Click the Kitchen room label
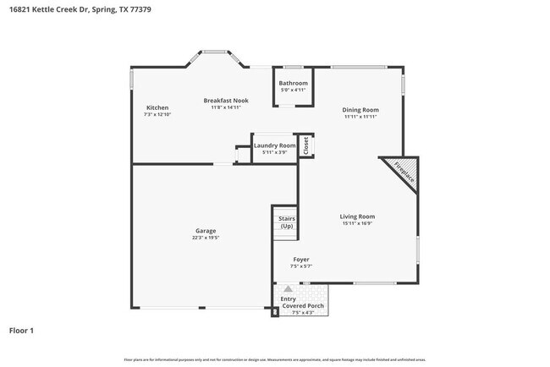(157, 107)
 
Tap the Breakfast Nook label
(226, 101)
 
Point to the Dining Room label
(360, 110)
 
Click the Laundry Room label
(274, 145)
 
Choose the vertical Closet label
(306, 145)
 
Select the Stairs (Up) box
(286, 222)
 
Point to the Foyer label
(301, 259)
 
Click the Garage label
(206, 231)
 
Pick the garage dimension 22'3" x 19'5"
(206, 238)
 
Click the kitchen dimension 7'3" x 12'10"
(157, 114)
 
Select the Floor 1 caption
(21, 330)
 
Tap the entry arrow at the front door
(288, 289)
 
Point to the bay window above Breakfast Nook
(217, 56)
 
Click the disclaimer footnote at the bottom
(274, 359)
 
